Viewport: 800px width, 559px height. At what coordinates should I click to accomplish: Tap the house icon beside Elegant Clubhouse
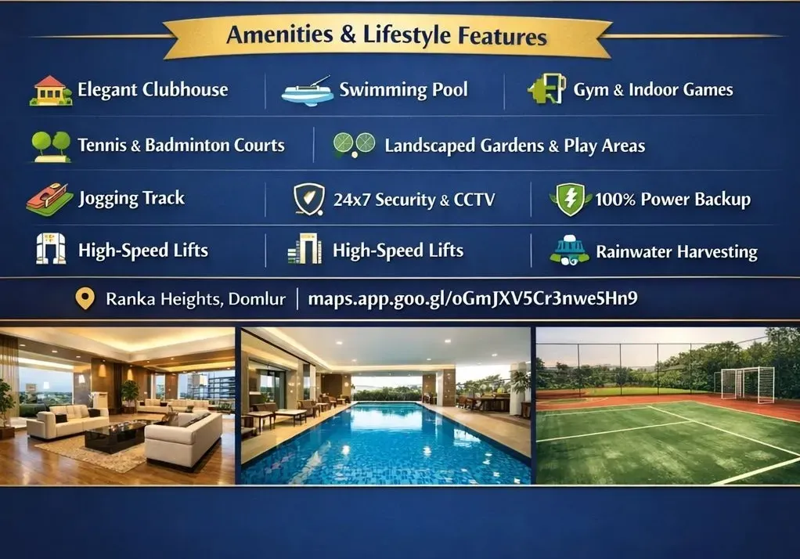pyautogui.click(x=50, y=90)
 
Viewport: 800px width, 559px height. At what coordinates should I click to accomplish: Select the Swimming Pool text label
pyautogui.click(x=403, y=89)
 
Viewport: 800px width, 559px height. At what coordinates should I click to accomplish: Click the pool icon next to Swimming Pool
pyautogui.click(x=307, y=92)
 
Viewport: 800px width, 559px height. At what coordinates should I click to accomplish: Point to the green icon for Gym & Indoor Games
pyautogui.click(x=546, y=90)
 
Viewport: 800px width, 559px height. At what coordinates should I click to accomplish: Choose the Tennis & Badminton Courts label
pyautogui.click(x=181, y=145)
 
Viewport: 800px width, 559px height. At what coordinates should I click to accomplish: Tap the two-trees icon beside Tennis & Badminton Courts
pyautogui.click(x=50, y=145)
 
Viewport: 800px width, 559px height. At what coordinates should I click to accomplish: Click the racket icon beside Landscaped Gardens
pyautogui.click(x=354, y=145)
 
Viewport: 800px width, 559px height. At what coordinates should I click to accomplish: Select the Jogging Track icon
pyautogui.click(x=49, y=199)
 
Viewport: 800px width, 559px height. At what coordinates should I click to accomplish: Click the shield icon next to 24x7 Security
pyautogui.click(x=308, y=200)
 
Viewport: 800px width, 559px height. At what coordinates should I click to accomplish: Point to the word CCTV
pyautogui.click(x=474, y=200)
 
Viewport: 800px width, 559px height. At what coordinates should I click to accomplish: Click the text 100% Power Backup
pyautogui.click(x=672, y=200)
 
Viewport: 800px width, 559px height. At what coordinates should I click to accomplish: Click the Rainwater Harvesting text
pyautogui.click(x=676, y=252)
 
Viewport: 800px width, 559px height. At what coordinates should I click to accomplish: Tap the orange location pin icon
pyautogui.click(x=84, y=299)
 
